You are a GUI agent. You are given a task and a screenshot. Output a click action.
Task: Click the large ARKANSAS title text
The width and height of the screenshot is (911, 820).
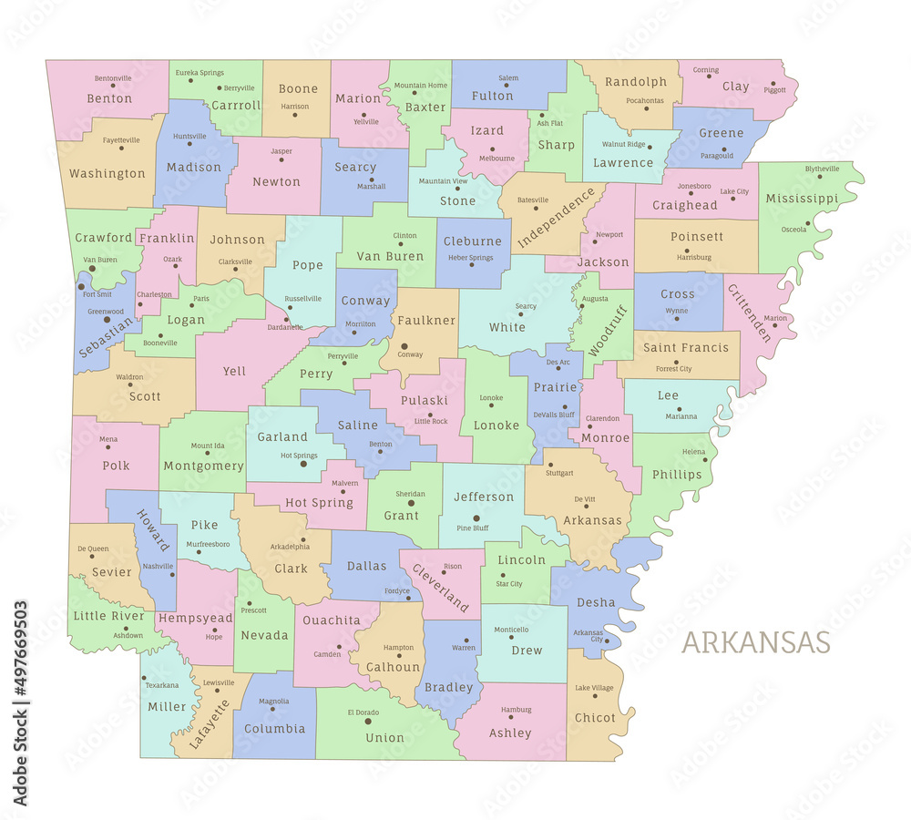tap(755, 641)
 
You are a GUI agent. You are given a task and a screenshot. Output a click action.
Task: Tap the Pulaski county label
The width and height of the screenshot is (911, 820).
tap(424, 400)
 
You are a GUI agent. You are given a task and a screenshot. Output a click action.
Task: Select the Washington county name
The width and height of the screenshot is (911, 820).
tap(107, 173)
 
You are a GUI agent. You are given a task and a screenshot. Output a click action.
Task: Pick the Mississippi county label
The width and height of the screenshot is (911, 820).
tap(802, 198)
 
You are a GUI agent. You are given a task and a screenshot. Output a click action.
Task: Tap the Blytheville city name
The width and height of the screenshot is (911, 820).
tap(822, 169)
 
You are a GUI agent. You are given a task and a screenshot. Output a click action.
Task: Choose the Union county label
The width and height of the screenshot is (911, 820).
tap(384, 738)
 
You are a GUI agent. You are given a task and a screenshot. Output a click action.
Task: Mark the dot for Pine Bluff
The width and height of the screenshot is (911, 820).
tap(476, 518)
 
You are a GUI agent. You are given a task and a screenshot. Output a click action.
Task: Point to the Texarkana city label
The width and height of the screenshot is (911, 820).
tap(162, 685)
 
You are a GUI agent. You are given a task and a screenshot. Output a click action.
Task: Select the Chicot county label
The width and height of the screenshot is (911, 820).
tap(595, 717)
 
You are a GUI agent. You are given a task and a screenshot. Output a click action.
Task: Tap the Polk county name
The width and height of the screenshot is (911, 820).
tap(116, 465)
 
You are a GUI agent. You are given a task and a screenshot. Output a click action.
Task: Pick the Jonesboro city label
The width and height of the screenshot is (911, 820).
tap(694, 186)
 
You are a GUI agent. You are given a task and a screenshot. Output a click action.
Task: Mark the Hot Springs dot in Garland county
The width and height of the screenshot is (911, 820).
tap(303, 464)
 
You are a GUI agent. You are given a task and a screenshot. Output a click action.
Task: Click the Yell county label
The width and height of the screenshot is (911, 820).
tap(234, 371)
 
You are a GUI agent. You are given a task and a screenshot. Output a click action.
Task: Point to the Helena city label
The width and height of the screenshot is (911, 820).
tap(694, 452)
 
